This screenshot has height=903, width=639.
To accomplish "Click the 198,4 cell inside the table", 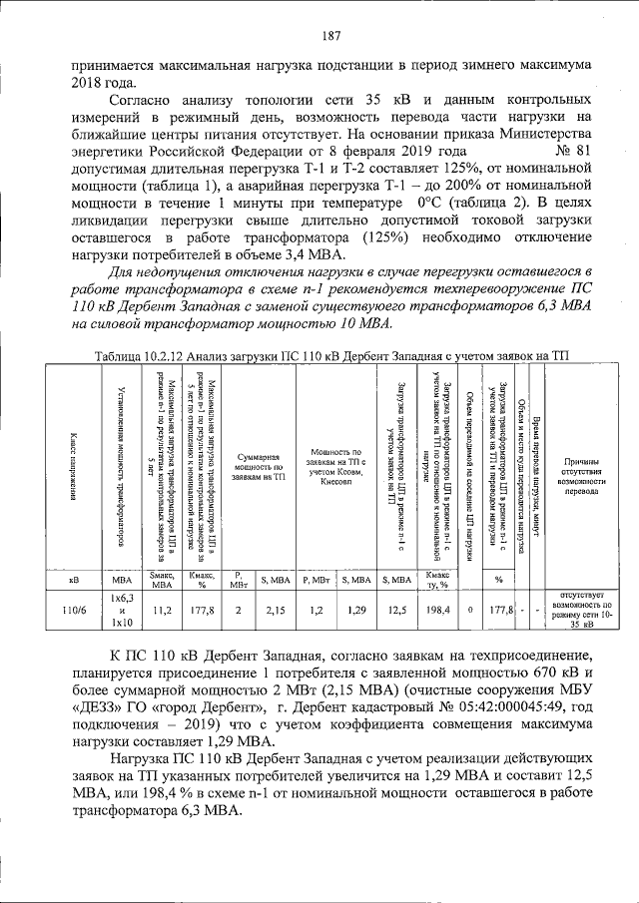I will coord(437,610).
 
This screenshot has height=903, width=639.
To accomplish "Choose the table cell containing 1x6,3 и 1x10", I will coord(122,610).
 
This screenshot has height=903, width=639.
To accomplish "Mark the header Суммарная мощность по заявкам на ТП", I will coord(259,466).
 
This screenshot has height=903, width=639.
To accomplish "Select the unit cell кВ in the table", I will coord(73,580).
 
